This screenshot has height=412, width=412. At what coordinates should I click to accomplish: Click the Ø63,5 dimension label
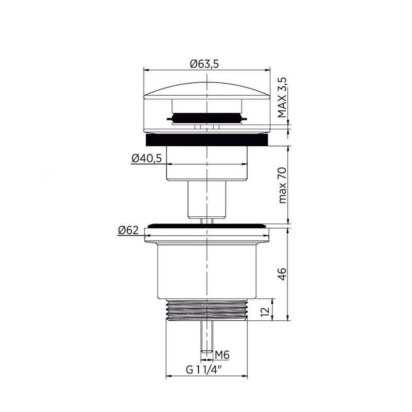(204, 64)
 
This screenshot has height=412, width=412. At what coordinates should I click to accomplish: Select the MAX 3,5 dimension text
(282, 97)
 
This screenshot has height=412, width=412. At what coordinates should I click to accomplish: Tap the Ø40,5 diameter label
(146, 158)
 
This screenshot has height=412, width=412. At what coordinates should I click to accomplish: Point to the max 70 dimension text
(282, 185)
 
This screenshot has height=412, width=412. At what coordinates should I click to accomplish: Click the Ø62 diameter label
(128, 230)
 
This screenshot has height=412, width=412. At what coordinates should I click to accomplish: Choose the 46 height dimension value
(282, 274)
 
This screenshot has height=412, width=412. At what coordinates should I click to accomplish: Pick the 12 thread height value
(265, 311)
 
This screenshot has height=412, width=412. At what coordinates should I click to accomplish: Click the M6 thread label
(222, 355)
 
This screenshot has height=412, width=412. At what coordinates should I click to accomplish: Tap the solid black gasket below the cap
(207, 140)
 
